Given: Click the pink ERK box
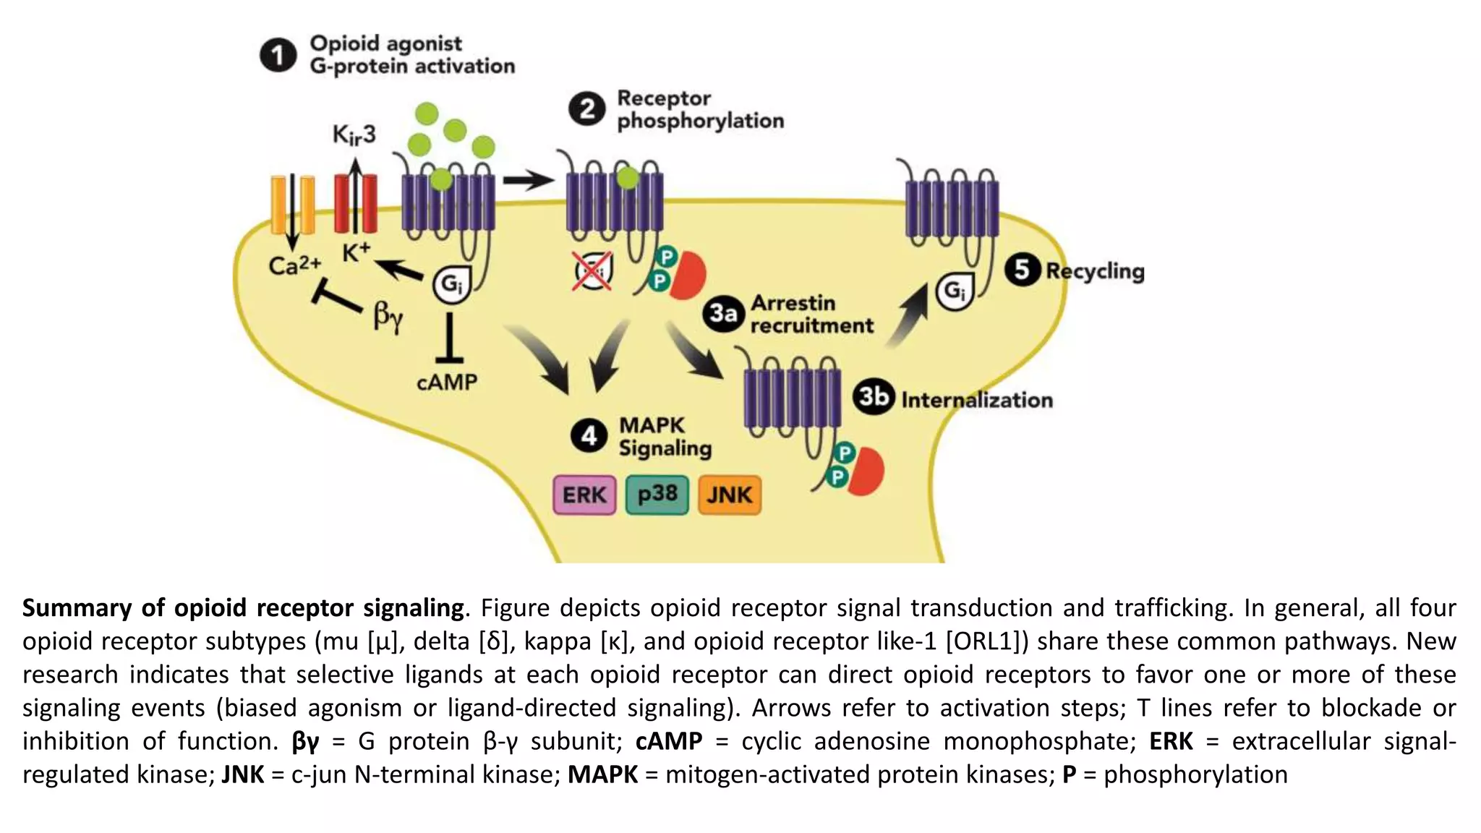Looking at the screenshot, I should click(584, 495).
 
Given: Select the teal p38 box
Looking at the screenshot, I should click(657, 495).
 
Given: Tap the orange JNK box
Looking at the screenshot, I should click(730, 495).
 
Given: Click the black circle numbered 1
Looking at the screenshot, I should click(278, 56).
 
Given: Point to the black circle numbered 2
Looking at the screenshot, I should click(586, 109).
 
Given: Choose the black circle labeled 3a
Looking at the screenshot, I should click(723, 314).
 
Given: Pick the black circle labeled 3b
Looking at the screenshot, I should click(874, 397).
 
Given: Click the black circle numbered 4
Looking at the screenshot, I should click(589, 436).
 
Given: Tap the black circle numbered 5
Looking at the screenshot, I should click(1022, 270).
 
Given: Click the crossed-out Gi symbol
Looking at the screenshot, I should click(593, 271).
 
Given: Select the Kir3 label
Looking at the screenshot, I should click(354, 135).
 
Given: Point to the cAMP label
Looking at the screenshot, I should click(447, 382).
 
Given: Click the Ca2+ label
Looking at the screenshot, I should click(294, 265).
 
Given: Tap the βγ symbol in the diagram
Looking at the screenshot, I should click(388, 316).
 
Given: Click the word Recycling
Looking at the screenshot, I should click(1095, 271).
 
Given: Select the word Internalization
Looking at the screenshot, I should click(976, 400).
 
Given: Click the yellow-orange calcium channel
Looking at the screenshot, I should click(293, 205).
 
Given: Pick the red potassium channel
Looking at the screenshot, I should click(355, 204).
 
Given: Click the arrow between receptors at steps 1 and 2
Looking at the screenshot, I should click(529, 179).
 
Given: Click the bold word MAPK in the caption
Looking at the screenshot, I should click(602, 774).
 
